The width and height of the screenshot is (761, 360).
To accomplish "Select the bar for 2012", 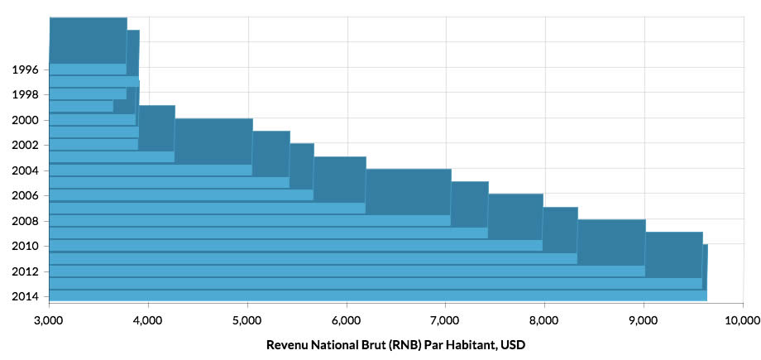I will point(347,271).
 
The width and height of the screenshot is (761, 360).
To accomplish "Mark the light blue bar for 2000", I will point(92,119).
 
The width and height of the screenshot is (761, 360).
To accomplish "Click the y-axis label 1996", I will point(25,70).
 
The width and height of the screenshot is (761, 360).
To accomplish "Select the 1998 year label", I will point(25,94).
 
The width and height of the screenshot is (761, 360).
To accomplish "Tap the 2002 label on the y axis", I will point(25,145).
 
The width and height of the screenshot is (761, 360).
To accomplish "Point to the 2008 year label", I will point(25,220).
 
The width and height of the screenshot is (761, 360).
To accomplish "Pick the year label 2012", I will point(25,271).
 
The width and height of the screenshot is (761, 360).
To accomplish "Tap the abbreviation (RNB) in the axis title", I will point(394,344).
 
